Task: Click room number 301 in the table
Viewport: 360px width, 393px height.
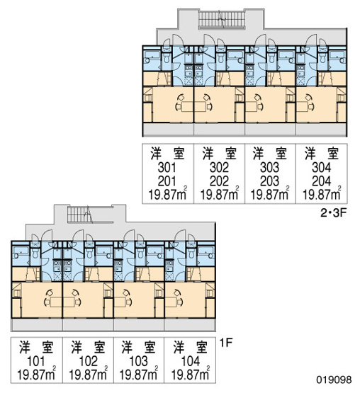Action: pos(167,168)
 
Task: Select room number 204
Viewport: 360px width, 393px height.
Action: pos(321,181)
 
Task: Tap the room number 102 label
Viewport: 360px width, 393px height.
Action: pos(88,361)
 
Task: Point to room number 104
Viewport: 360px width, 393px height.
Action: pos(191,361)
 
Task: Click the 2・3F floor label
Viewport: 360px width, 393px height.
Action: pos(333,213)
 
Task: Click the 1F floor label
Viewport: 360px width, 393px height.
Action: pos(226,343)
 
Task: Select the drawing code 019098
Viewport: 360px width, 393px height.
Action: pos(334,380)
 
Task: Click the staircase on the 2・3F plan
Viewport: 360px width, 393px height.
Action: pos(222,19)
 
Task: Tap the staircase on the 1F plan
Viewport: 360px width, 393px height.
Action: pos(79,215)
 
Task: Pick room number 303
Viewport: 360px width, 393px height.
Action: pos(270,168)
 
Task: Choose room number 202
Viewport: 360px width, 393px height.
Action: pos(219,181)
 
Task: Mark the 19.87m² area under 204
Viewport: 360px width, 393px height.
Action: pos(322,194)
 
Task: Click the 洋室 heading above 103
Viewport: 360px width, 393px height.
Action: pos(138,347)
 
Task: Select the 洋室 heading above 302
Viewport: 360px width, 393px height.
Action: pos(220,154)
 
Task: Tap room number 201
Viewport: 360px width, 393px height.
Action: pos(167,181)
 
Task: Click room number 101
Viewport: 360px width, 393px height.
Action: pos(36,361)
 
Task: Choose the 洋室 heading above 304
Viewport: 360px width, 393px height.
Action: pos(322,154)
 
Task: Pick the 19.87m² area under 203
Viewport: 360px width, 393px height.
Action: pos(270,194)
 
